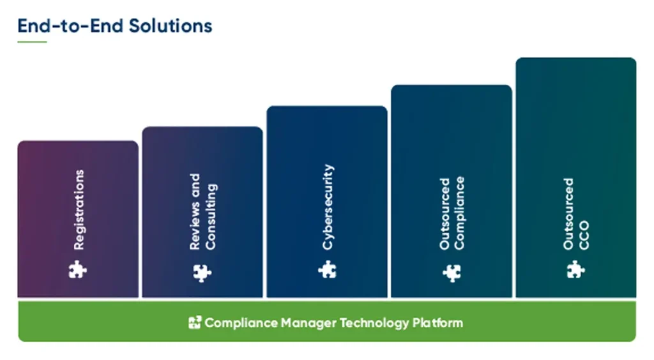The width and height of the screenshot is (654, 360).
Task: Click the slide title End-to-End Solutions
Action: (115, 26)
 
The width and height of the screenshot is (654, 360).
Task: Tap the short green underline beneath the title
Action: (32, 42)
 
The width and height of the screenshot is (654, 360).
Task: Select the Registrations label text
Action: (79, 209)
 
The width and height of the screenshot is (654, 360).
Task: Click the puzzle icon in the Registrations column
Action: (78, 270)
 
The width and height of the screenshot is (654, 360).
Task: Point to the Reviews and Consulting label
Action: (203, 211)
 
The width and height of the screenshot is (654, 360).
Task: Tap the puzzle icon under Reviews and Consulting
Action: (202, 273)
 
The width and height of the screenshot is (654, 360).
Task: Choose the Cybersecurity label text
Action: (328, 207)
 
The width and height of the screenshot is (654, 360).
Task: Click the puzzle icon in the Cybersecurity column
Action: (327, 270)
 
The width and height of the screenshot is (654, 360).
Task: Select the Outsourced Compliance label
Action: (452, 213)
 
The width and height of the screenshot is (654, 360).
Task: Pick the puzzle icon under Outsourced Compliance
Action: (452, 273)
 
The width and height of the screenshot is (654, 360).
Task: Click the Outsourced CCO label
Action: (577, 214)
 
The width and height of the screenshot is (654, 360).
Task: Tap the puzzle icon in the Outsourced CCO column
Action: (576, 270)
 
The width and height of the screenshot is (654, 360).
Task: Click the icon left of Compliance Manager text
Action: (195, 322)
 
